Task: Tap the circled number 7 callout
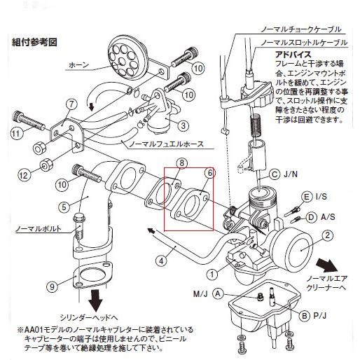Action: click(x=70, y=105)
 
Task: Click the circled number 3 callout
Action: click(x=182, y=125)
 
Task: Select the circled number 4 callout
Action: click(x=160, y=261)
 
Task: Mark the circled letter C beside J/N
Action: click(x=275, y=174)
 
